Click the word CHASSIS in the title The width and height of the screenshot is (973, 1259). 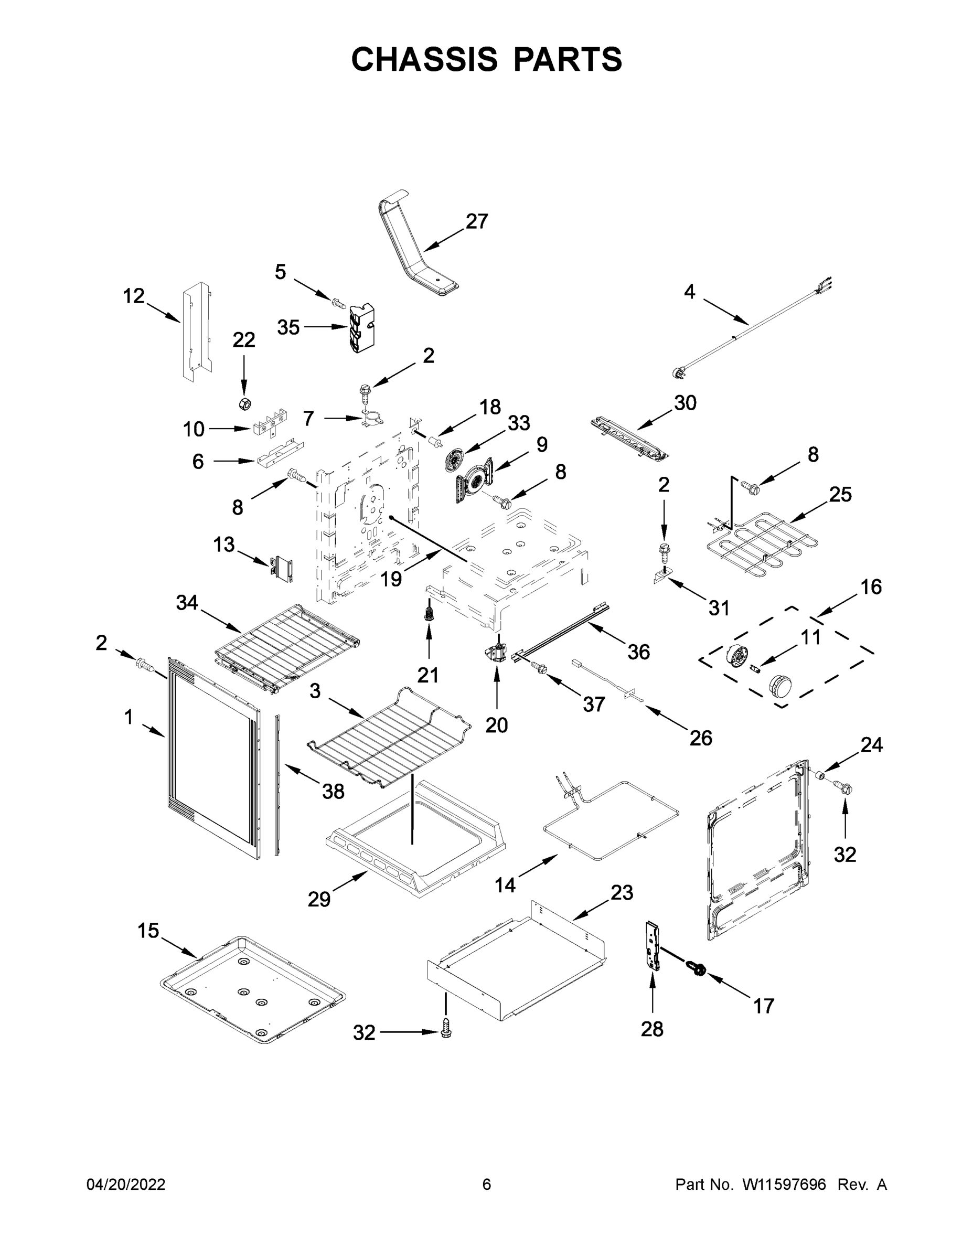[424, 59]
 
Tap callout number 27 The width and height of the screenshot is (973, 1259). [477, 221]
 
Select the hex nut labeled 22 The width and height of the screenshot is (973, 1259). [244, 403]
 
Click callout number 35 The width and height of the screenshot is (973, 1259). [288, 327]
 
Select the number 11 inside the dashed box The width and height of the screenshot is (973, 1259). [810, 637]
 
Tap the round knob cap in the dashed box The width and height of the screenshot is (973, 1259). [780, 686]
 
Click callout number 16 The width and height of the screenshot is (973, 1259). [871, 587]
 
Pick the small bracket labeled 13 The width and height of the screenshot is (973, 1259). [282, 568]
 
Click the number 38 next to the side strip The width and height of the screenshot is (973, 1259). [333, 792]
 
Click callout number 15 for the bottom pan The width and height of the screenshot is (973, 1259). [148, 931]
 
